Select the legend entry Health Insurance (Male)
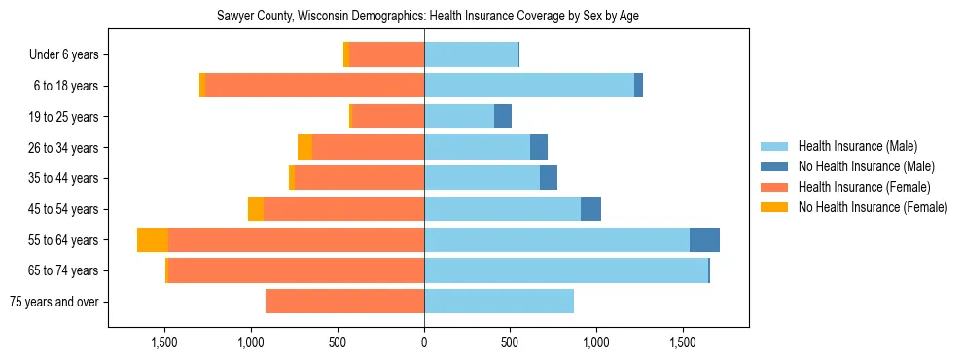point(857,146)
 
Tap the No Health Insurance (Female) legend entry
point(873,207)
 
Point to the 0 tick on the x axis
point(424,342)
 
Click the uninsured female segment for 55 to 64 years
point(153,240)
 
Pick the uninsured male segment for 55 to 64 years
point(704,240)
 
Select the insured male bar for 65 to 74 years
point(566,270)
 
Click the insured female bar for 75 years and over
point(344,302)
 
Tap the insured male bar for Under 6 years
point(471,55)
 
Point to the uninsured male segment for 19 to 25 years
point(503,117)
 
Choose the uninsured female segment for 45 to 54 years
point(256,209)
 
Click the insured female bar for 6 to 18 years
point(315,86)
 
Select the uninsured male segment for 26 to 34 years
point(539,148)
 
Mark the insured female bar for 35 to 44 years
point(360,178)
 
